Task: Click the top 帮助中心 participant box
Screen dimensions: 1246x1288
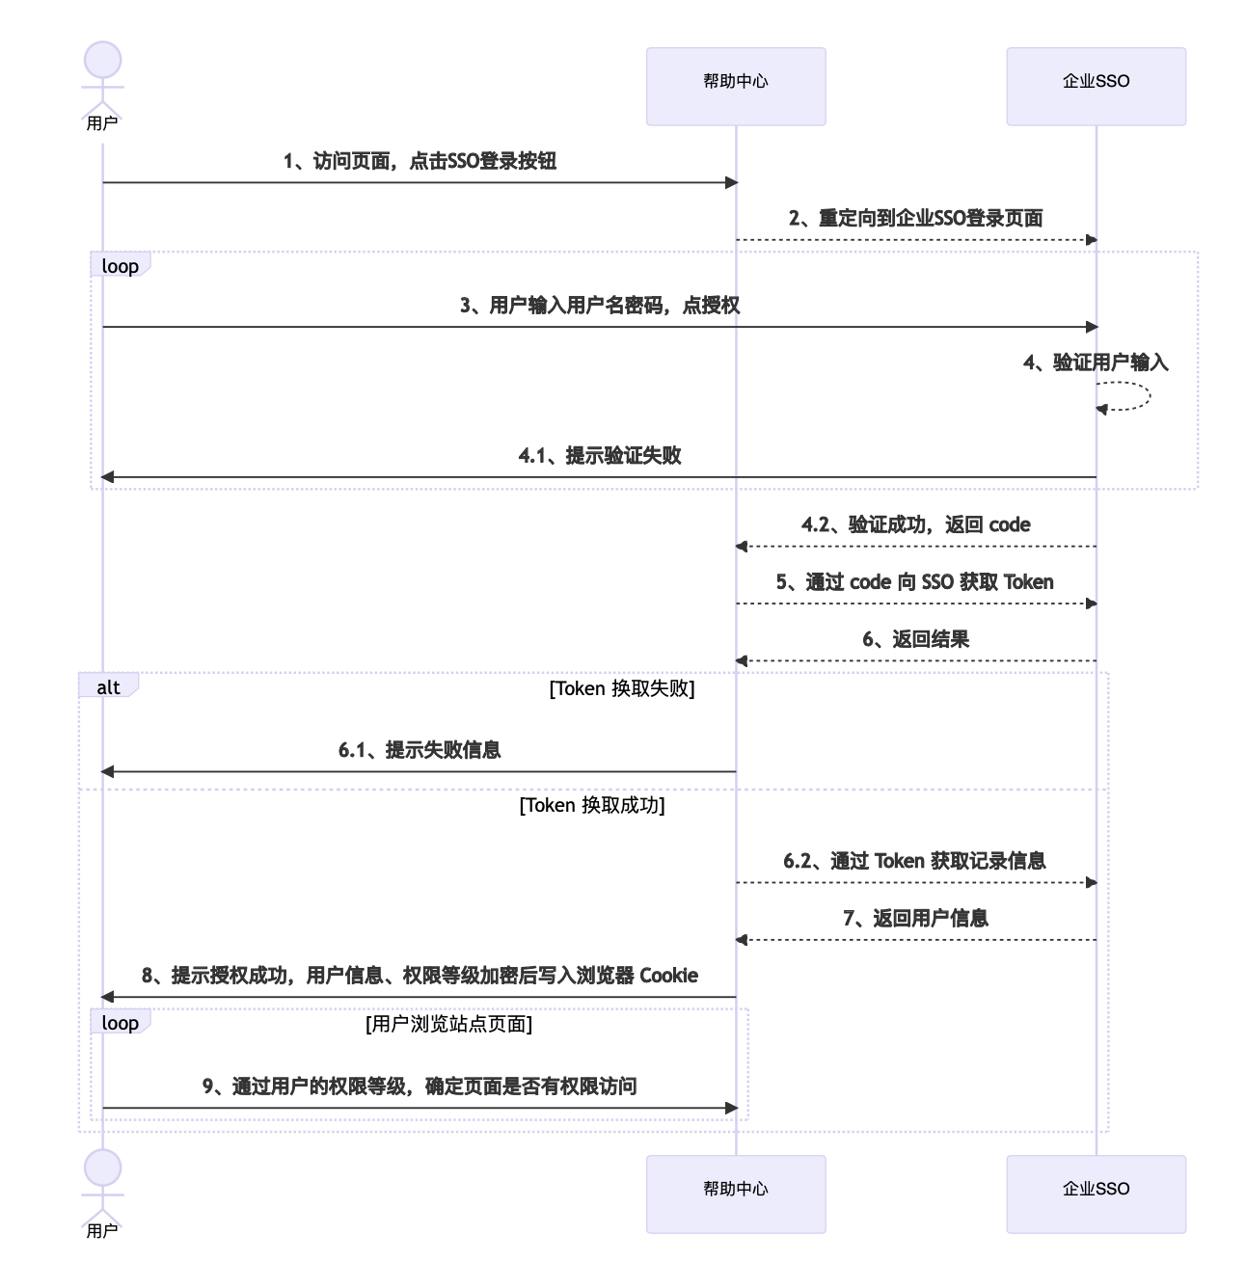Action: pyautogui.click(x=736, y=86)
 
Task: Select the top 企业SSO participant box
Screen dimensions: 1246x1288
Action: pyautogui.click(x=1096, y=86)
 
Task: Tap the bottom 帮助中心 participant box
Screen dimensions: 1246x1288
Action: pyautogui.click(x=736, y=1194)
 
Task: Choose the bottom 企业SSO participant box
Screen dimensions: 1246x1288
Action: pyautogui.click(x=1096, y=1194)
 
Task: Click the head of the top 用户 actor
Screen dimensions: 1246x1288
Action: pyautogui.click(x=102, y=60)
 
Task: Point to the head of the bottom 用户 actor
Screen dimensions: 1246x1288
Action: pyautogui.click(x=102, y=1167)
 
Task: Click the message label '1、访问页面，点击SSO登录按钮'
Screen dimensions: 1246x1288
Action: pyautogui.click(x=420, y=161)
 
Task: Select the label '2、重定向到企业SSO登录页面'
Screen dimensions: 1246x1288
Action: pyautogui.click(x=915, y=218)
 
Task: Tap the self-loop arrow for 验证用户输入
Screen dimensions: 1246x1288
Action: pyautogui.click(x=1150, y=396)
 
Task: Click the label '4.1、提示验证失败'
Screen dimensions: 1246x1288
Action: pyautogui.click(x=600, y=455)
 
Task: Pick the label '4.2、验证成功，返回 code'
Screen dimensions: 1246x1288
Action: pyautogui.click(x=915, y=524)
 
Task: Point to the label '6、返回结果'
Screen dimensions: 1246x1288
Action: pyautogui.click(x=915, y=639)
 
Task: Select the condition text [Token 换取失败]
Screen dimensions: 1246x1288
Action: pyautogui.click(x=622, y=688)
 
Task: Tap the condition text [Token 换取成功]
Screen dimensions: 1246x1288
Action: pyautogui.click(x=592, y=805)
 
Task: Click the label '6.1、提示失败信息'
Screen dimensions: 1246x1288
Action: pyautogui.click(x=420, y=750)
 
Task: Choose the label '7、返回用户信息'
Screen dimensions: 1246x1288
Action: pyautogui.click(x=915, y=918)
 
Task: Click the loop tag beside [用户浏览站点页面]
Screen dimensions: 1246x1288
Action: pyautogui.click(x=121, y=1022)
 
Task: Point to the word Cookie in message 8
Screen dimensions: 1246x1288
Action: pyautogui.click(x=668, y=975)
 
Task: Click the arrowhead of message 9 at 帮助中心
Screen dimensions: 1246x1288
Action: pyautogui.click(x=731, y=1108)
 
